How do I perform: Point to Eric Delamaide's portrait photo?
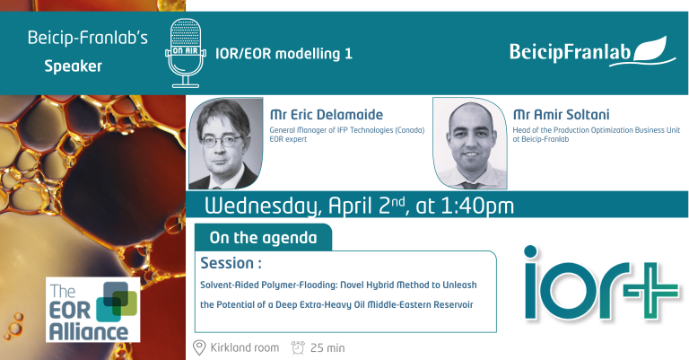(227, 143)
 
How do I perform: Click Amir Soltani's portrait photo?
(470, 143)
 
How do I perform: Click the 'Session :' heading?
(231, 265)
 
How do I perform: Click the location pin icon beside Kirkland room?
(199, 347)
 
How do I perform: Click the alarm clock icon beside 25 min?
(298, 347)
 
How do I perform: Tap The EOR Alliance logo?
(94, 311)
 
